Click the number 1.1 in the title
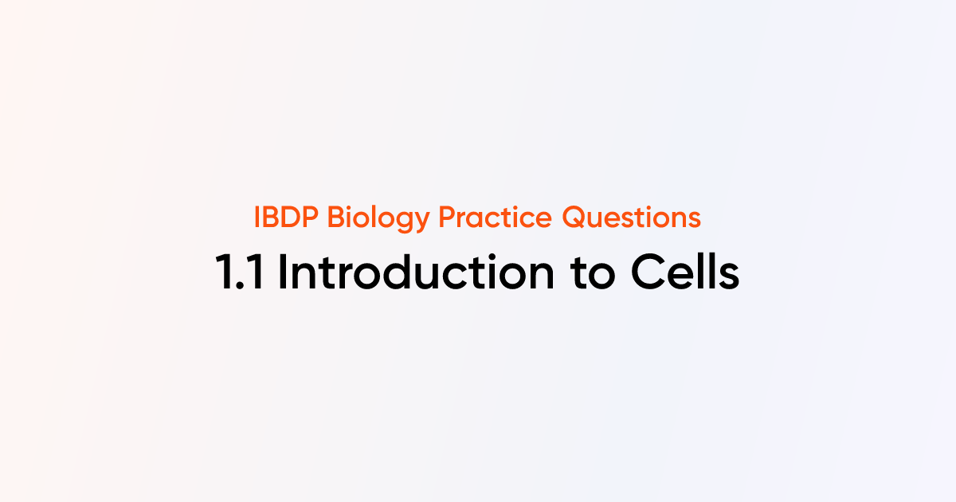241,273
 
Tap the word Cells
685,273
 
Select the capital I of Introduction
282,273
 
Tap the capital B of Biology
327,218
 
